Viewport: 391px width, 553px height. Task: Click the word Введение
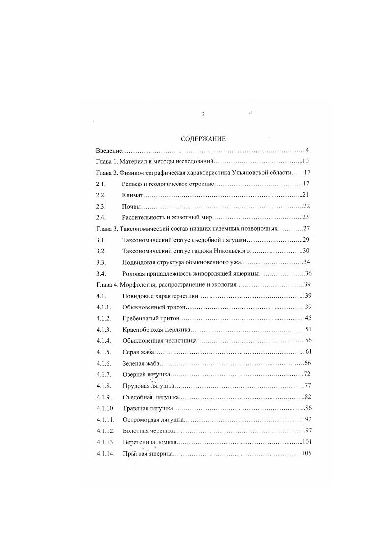point(109,150)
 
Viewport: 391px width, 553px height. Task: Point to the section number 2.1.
point(101,184)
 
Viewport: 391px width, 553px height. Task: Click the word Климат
point(132,195)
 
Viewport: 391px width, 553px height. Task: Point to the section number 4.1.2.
point(104,318)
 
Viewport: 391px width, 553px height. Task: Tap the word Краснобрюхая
point(142,329)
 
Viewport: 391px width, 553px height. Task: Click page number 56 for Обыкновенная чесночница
point(308,340)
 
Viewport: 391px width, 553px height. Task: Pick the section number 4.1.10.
point(106,408)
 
